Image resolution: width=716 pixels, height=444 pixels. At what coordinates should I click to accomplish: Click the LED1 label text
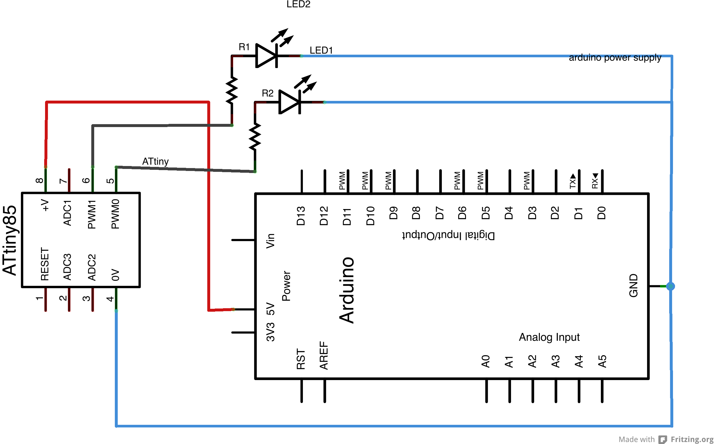(321, 50)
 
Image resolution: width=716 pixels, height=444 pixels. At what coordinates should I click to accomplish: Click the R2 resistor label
(267, 93)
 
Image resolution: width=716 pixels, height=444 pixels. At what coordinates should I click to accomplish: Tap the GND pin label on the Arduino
(633, 286)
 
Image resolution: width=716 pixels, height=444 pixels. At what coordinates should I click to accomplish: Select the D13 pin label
(301, 216)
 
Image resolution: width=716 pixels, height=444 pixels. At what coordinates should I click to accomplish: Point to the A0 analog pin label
(486, 361)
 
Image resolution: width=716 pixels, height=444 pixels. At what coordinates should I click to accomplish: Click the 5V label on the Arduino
(270, 309)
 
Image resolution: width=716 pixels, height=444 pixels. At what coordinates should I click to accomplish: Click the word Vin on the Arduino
(270, 241)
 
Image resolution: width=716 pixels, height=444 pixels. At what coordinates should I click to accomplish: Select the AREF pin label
(324, 355)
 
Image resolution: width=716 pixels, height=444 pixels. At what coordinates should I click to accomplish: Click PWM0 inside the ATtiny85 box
(115, 214)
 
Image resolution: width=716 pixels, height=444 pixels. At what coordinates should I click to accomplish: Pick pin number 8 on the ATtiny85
(40, 181)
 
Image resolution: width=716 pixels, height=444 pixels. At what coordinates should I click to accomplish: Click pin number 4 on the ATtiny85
(110, 299)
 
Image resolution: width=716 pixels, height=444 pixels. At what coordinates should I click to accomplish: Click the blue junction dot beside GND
(670, 286)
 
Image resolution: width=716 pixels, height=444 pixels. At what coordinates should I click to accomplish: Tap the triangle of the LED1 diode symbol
(265, 56)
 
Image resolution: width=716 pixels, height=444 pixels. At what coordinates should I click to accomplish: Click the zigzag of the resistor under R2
(255, 137)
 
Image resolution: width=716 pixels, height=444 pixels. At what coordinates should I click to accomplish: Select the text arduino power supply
(615, 58)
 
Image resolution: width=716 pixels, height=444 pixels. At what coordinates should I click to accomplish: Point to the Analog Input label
(549, 337)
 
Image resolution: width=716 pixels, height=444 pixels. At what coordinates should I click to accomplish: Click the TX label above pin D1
(572, 181)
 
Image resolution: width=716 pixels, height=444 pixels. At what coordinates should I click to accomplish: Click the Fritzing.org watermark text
(692, 439)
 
